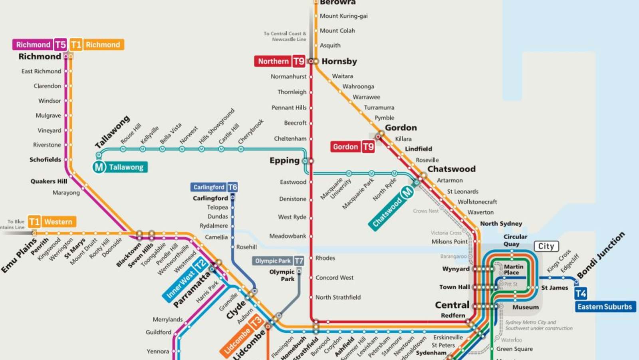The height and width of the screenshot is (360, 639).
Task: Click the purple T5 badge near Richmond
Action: (60, 44)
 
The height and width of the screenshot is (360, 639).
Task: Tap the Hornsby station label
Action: (339, 61)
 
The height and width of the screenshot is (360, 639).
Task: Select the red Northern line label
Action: (273, 61)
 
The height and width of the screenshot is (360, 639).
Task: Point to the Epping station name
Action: (284, 160)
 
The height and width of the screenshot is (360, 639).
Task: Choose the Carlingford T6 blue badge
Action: (232, 187)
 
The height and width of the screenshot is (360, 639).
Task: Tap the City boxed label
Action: (546, 246)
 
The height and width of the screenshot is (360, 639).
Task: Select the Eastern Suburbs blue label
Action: (605, 307)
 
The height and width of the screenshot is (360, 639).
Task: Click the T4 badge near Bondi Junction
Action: (581, 294)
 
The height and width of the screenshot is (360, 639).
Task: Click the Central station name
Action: (452, 305)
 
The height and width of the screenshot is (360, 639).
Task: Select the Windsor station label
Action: (50, 101)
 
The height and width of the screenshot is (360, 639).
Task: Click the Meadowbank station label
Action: (288, 236)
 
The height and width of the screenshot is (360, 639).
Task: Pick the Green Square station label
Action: (514, 349)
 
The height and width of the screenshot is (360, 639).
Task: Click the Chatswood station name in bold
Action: (451, 169)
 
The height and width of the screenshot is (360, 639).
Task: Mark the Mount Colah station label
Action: (337, 31)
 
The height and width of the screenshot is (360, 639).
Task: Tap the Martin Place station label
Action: (513, 269)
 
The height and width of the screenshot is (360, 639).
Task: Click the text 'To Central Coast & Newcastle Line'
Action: (285, 36)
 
